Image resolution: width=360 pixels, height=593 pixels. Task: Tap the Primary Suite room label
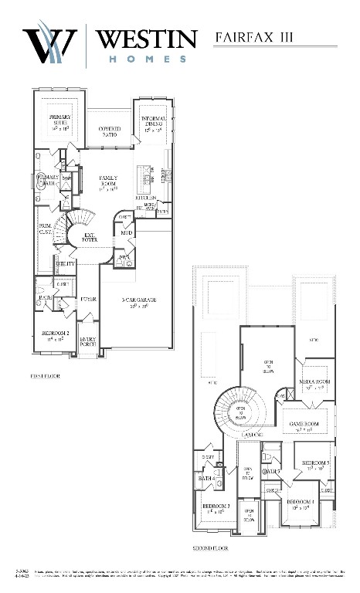click(59, 123)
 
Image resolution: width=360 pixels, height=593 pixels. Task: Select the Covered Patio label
click(107, 133)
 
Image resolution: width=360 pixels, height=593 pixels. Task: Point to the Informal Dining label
click(151, 121)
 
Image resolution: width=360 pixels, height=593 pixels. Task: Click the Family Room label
click(107, 182)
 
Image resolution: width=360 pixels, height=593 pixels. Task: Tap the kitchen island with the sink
click(143, 179)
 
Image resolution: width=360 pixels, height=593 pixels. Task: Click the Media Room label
click(317, 384)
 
